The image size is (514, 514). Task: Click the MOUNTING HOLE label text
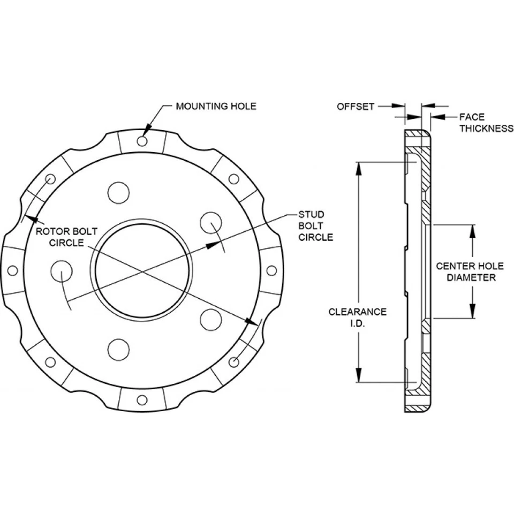[216, 106]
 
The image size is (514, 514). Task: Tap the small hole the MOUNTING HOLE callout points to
[142, 141]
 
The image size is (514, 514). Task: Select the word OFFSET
[355, 107]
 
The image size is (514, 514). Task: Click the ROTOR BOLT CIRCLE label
[67, 237]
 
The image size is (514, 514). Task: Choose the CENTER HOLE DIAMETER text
[464, 271]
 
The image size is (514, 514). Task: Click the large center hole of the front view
[142, 270]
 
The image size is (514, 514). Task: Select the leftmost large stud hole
[61, 271]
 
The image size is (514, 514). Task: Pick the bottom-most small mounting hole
[142, 400]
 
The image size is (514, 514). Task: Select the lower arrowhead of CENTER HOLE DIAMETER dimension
[473, 313]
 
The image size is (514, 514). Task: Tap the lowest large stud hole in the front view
[118, 350]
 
